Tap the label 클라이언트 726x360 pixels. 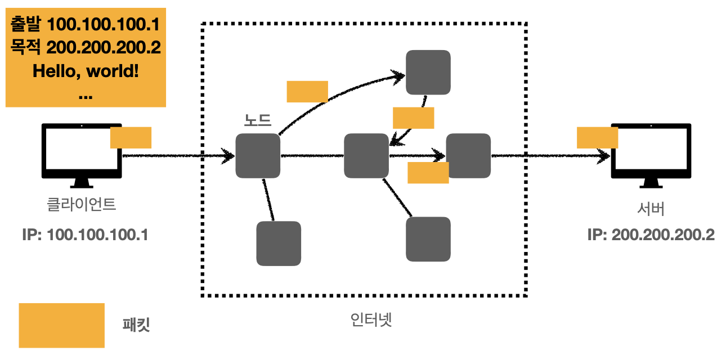[x=82, y=204]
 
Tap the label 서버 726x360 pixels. [x=651, y=209]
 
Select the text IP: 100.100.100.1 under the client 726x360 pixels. [x=86, y=235]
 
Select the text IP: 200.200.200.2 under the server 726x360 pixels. [x=651, y=235]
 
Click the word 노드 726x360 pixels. [x=257, y=120]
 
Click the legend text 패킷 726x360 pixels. [x=136, y=325]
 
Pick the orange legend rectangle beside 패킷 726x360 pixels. [x=61, y=325]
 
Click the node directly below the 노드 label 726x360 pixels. [x=258, y=156]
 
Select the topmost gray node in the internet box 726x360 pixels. [x=428, y=72]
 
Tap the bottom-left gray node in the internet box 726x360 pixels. [x=279, y=244]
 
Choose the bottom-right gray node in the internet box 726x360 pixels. [x=428, y=239]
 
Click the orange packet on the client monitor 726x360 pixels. [x=131, y=138]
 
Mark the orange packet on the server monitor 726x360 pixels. [x=597, y=138]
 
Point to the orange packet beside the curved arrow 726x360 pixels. [x=307, y=92]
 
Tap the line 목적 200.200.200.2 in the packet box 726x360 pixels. [x=86, y=47]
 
